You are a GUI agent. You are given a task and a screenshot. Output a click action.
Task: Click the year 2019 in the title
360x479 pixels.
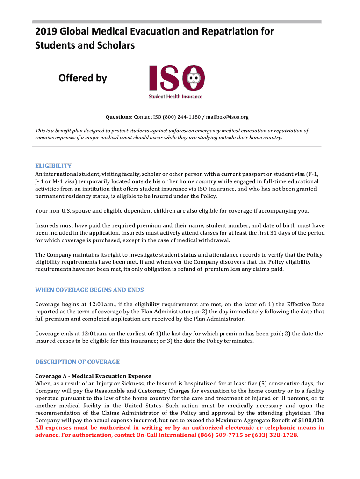point(46,31)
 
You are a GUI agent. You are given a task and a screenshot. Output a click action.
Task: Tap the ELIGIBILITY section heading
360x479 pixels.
point(53,166)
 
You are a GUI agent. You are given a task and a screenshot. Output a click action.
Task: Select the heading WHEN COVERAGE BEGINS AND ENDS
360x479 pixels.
point(89,290)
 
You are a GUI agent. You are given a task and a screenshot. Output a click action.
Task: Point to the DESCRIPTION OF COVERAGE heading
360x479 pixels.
point(78,362)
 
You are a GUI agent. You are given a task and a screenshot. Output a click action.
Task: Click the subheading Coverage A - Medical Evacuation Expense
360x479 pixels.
point(94,376)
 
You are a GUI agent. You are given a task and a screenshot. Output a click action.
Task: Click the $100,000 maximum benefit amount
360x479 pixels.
point(310,421)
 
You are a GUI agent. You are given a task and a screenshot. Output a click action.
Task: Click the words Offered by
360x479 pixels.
point(83,78)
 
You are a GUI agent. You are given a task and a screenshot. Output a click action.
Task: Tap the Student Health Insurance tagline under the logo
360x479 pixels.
point(175,97)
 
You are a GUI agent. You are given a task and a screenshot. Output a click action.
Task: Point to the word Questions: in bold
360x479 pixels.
point(119,117)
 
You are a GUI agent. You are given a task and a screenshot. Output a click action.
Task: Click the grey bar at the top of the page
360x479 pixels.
point(177,22)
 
